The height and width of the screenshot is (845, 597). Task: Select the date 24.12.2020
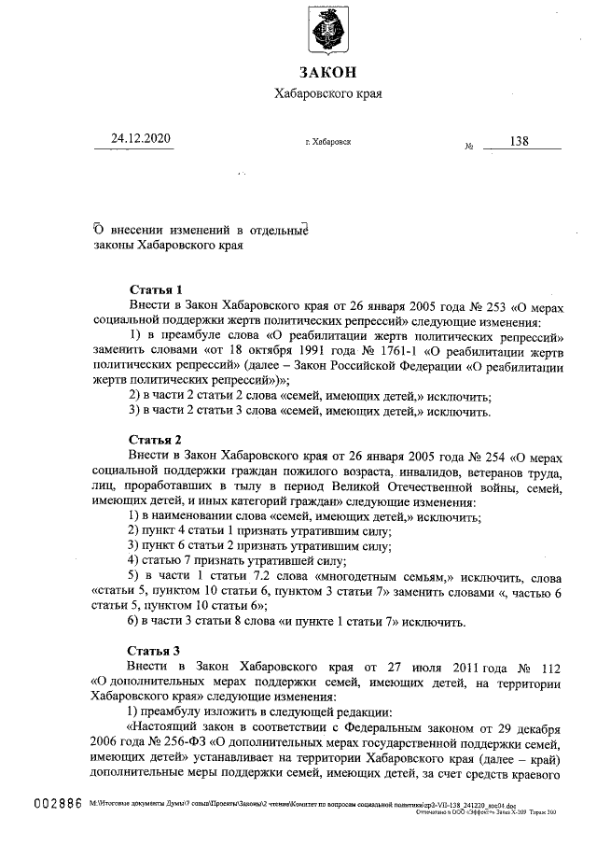point(141,140)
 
